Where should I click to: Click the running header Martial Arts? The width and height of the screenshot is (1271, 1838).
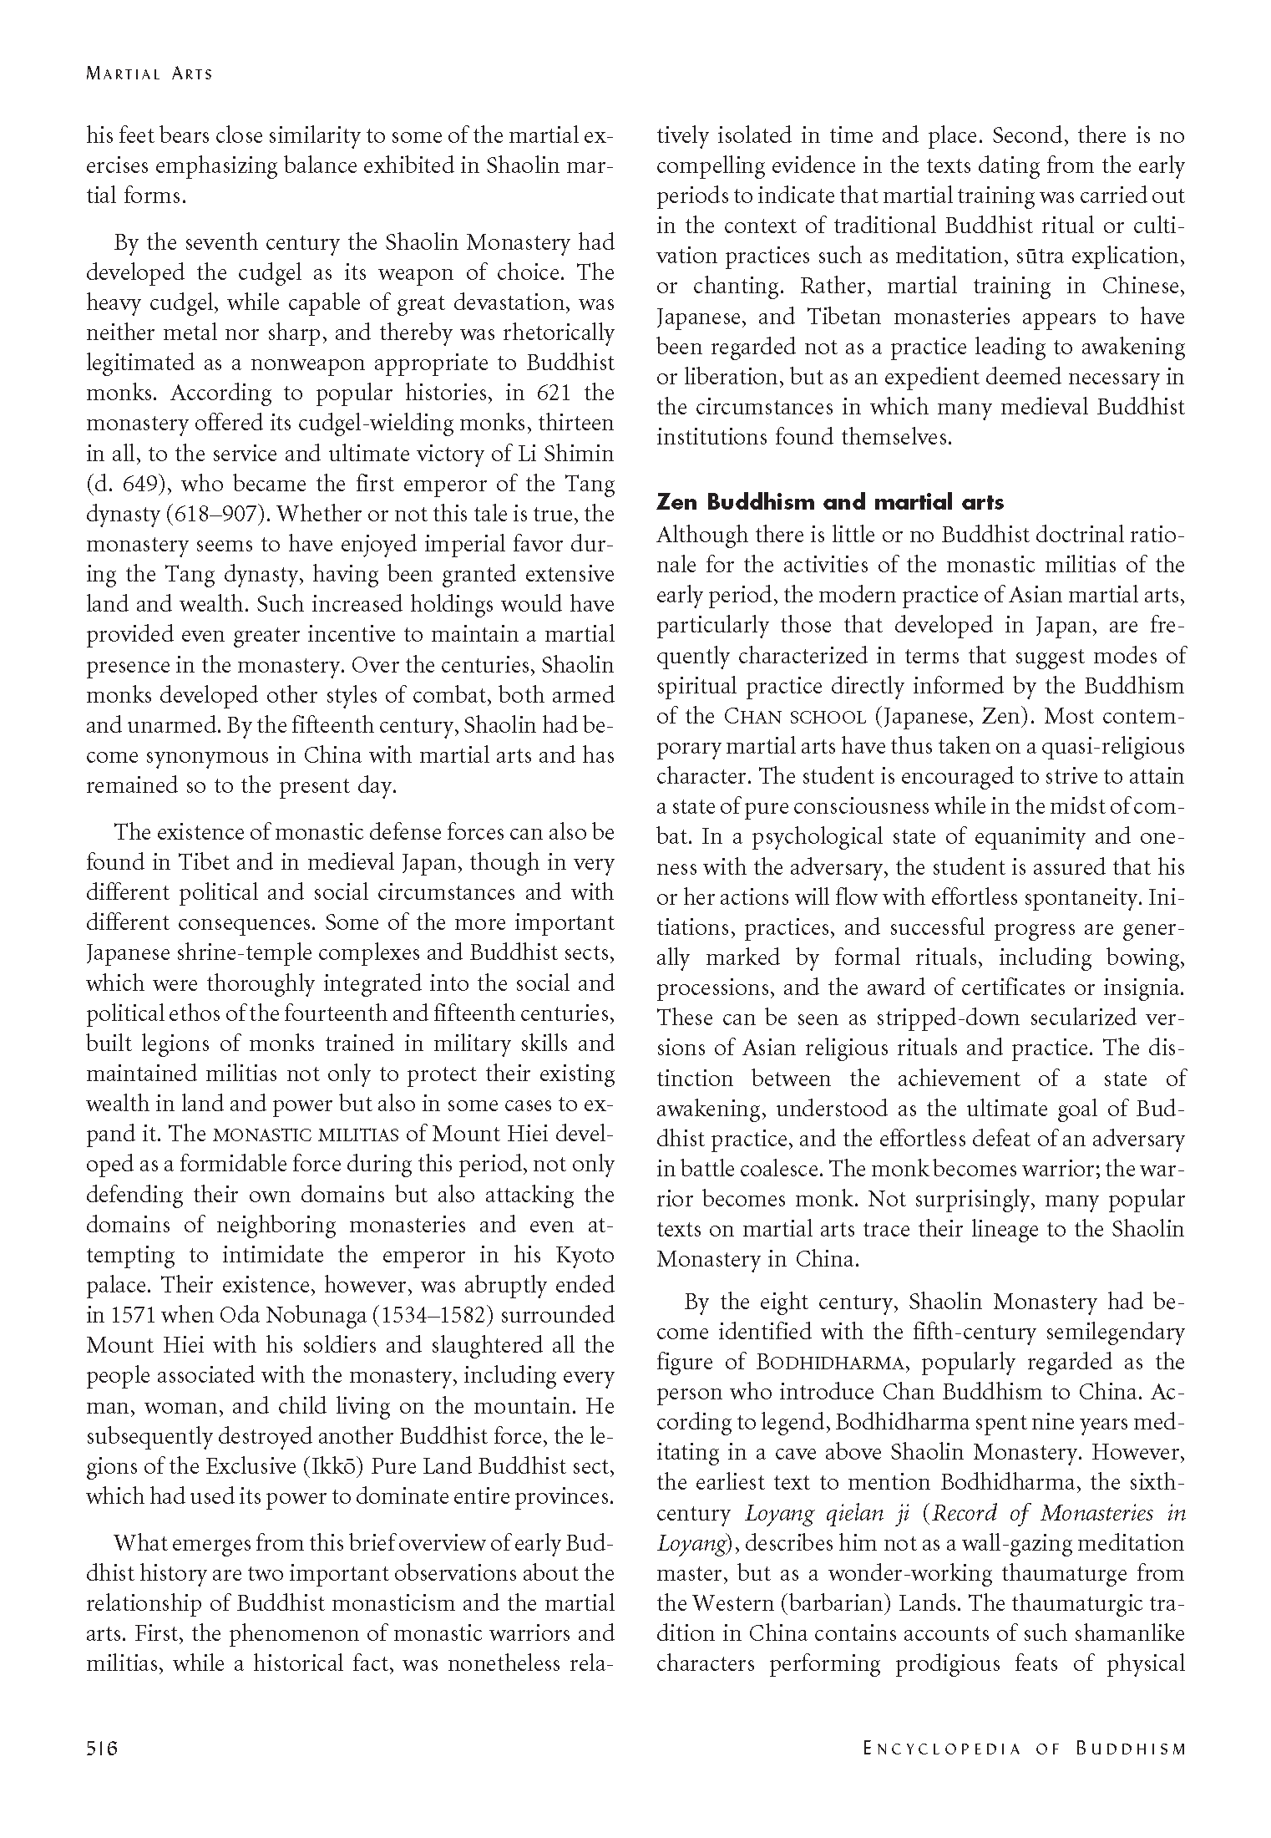click(149, 74)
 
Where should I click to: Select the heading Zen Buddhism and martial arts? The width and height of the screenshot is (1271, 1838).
click(830, 502)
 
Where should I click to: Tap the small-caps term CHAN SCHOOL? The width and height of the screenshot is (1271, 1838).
click(795, 717)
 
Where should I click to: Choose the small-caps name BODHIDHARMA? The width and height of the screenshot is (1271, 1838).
click(830, 1363)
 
